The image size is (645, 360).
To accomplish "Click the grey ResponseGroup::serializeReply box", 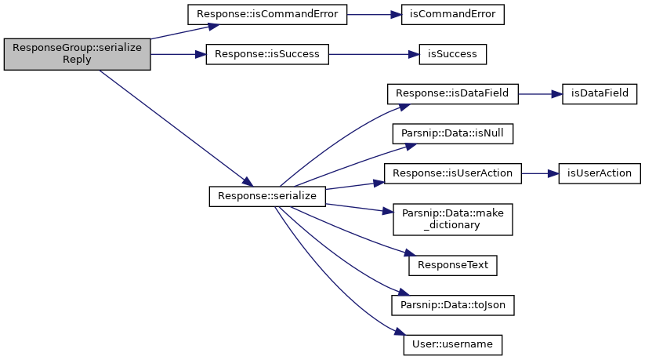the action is click(78, 54).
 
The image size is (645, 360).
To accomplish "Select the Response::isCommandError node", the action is click(267, 14).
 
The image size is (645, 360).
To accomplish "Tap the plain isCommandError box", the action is click(452, 14).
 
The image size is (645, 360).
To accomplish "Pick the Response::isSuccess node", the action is click(267, 54).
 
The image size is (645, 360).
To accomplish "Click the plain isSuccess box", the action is click(452, 54).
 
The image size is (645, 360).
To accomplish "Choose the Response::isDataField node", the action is click(452, 94).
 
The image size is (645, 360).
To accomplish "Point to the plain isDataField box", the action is click(600, 94).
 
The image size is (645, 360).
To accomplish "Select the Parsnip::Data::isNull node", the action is click(452, 134).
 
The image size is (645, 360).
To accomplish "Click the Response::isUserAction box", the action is click(452, 173).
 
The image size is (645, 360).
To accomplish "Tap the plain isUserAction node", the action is click(600, 173).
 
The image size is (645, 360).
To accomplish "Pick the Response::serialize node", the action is click(267, 197).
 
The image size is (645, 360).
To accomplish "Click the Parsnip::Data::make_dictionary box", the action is click(452, 220).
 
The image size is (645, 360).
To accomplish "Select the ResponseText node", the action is click(452, 266).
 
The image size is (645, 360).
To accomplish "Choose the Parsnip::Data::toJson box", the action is click(452, 305).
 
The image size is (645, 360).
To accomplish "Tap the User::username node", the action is click(452, 345).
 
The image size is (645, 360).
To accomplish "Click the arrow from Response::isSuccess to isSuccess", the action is click(374, 54).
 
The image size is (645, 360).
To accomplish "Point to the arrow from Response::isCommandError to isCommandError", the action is click(375, 15).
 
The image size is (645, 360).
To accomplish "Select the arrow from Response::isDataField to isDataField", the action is click(540, 94).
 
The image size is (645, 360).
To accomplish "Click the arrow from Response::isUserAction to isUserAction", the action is click(540, 174).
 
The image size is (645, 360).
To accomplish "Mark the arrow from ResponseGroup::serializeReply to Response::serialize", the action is click(176, 128).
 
